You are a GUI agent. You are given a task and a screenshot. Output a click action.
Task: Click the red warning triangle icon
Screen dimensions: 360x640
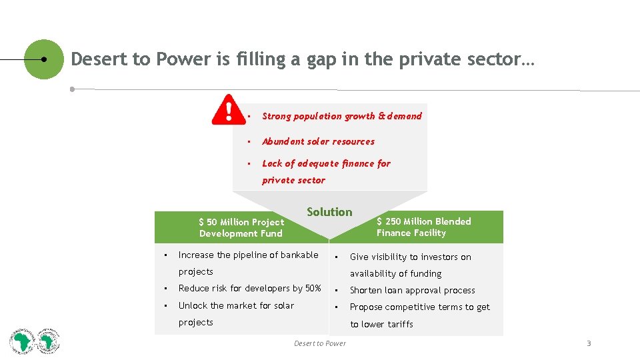point(228,110)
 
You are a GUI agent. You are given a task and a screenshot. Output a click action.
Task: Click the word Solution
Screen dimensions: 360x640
point(329,212)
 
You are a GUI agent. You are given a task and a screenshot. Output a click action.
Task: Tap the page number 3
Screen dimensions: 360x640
point(589,343)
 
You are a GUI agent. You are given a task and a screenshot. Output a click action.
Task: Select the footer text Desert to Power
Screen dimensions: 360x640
point(320,343)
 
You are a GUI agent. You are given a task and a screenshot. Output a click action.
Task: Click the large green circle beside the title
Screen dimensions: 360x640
point(44,59)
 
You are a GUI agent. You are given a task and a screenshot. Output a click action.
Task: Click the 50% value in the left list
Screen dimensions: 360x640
point(313,289)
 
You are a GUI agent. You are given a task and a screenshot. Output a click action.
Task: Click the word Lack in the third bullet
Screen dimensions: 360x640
point(272,163)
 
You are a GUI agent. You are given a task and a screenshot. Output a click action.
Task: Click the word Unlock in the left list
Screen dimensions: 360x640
point(193,305)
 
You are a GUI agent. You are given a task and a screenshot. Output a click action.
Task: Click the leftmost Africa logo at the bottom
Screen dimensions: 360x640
point(23,342)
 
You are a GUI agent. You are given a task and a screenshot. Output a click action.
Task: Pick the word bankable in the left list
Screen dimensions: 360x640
point(299,255)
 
